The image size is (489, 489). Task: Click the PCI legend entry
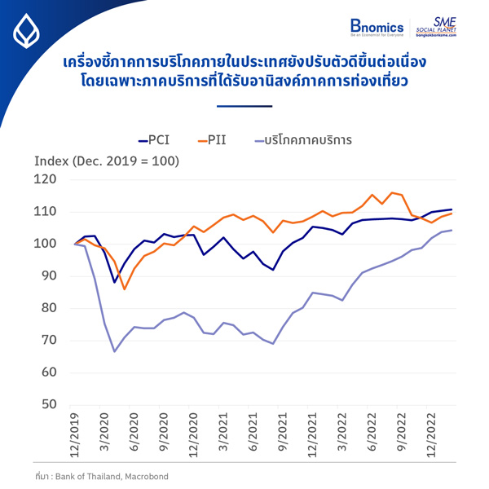[154, 140]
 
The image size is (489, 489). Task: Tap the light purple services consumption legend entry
[302, 140]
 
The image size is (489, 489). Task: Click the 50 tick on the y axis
[48, 404]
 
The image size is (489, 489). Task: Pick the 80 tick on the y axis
[48, 308]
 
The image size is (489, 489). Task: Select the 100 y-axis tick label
[45, 244]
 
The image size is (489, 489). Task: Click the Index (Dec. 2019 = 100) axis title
[106, 161]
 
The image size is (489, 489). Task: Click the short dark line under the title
[244, 106]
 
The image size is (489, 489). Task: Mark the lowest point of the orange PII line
[124, 289]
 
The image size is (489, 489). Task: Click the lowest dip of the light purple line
[115, 351]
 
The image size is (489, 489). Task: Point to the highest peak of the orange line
[392, 193]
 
